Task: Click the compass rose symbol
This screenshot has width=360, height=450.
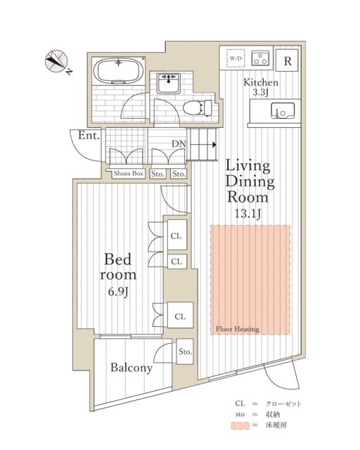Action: coord(56,61)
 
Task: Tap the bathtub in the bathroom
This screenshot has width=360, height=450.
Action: coord(119,71)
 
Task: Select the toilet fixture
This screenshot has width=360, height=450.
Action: coord(197,108)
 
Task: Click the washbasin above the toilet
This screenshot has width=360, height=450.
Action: coord(169,83)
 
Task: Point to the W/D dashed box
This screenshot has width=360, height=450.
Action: coord(236,58)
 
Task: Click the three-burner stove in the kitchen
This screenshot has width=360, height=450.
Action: coord(260,58)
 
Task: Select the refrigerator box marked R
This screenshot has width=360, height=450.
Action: coord(287,60)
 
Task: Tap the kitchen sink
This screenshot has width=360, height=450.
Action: coord(283,111)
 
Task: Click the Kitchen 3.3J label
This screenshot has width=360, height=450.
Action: coord(261,87)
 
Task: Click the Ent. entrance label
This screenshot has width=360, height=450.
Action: coord(89,136)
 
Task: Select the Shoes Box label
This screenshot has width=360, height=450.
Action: coord(129,174)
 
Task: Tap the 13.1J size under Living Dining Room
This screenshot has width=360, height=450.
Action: coord(247,214)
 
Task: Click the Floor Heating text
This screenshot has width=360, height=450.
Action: coord(238,329)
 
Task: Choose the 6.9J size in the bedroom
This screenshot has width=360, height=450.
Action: coord(118,292)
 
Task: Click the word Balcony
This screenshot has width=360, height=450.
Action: coord(131,368)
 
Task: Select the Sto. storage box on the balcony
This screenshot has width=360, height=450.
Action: coord(185,352)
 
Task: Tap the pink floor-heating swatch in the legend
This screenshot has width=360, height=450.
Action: coord(240,425)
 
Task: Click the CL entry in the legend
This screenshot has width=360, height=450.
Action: coord(240,403)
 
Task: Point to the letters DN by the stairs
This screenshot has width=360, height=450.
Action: coord(179,144)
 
